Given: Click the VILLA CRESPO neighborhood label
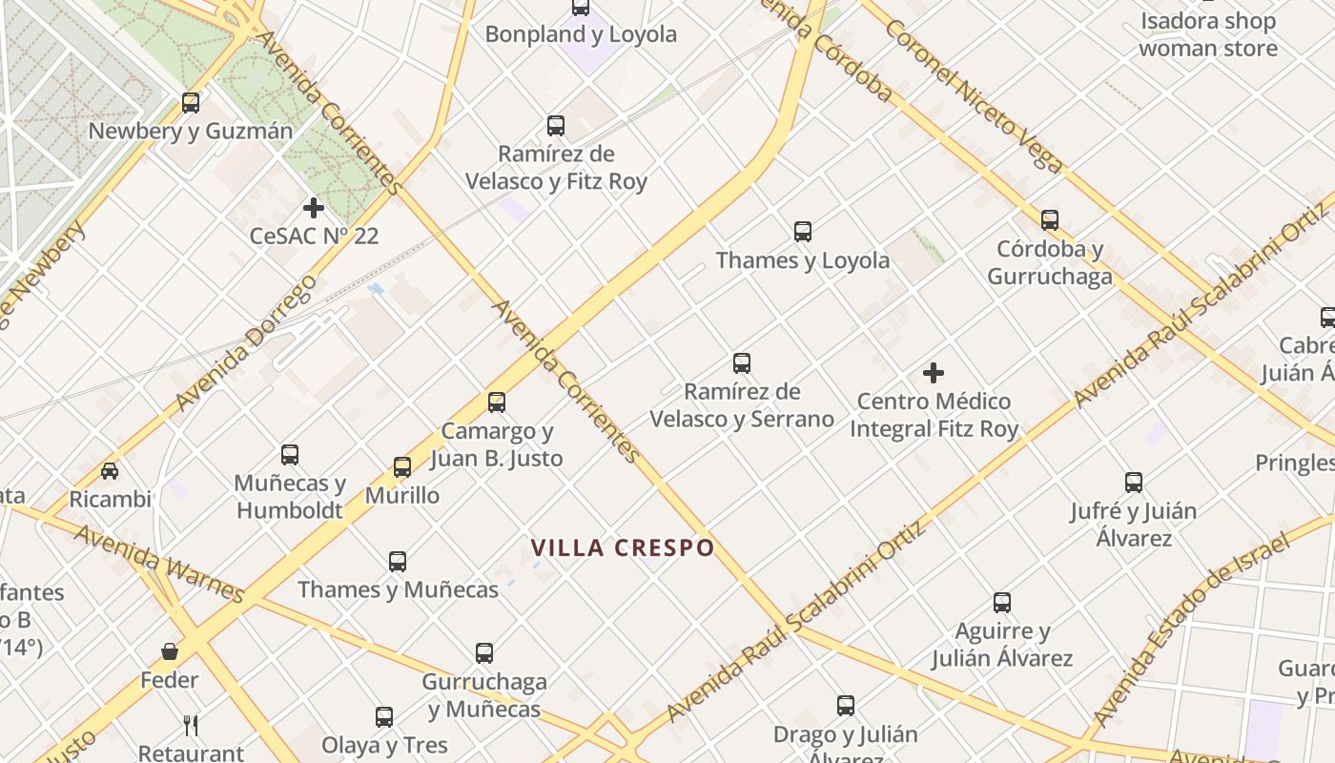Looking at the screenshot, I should pos(623,547).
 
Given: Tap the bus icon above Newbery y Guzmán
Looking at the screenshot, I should pos(191,102).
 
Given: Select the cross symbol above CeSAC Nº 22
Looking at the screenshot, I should pos(314,207).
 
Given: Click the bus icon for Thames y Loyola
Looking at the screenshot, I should pos(803,231).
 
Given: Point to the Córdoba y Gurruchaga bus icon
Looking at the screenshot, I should pos(1050,220).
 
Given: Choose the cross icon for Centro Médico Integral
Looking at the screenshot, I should pos(934,373).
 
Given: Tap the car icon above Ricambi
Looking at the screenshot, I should pos(110,470).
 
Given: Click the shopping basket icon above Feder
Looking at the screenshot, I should pos(170,651).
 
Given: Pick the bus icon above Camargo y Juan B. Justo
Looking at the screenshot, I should pos(497,402).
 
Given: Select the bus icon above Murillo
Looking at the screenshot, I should pos(402,466).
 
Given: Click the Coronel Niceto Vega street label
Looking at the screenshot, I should pos(973,95).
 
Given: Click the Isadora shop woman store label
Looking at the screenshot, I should pos(1207,34).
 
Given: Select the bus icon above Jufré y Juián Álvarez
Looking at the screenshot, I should pos(1133,482).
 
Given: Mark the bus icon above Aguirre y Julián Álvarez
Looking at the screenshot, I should pos(1002,602).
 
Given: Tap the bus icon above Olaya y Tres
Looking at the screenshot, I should pos(384,716).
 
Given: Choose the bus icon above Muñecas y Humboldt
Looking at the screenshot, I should pos(290,454).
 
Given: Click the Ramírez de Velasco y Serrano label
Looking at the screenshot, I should pos(742,405).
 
